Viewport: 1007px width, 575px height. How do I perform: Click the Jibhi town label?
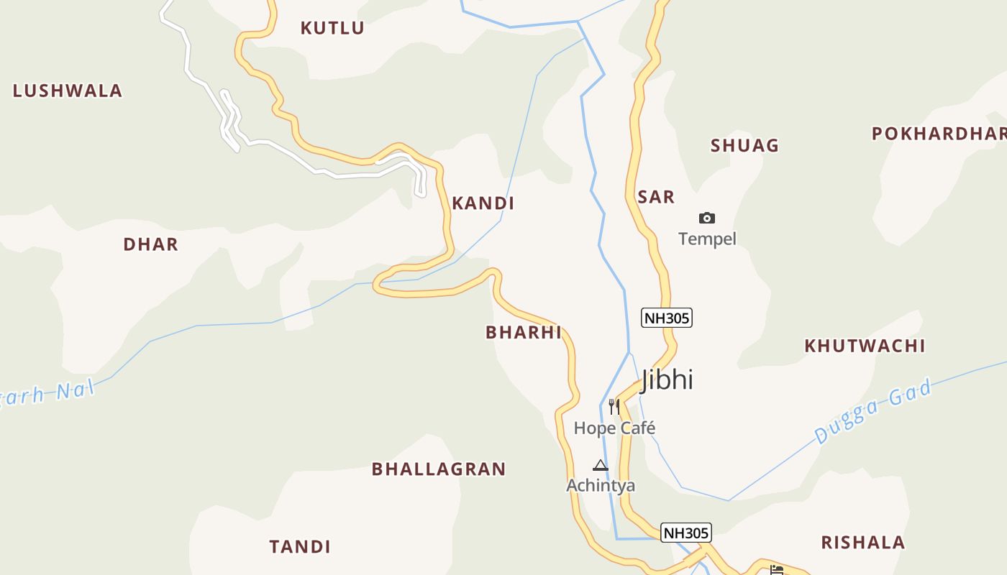click(x=667, y=379)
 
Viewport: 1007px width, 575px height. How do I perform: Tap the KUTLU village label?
click(x=332, y=28)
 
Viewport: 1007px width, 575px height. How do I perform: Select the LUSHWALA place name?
click(x=68, y=91)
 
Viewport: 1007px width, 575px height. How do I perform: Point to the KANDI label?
click(x=483, y=203)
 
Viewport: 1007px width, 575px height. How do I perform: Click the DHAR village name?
click(x=150, y=244)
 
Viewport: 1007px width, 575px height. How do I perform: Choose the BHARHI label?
click(x=523, y=332)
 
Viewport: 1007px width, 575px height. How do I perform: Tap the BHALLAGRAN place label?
click(x=439, y=469)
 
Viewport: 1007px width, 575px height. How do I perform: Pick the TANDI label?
click(x=300, y=547)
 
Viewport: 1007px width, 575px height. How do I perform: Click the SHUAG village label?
click(x=744, y=145)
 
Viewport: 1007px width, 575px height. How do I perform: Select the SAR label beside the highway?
click(x=656, y=197)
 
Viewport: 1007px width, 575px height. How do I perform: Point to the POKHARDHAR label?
click(x=939, y=134)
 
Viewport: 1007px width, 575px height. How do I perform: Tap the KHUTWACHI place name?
click(x=865, y=346)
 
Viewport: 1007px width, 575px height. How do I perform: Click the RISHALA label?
click(x=863, y=543)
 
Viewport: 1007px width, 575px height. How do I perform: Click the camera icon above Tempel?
click(x=707, y=218)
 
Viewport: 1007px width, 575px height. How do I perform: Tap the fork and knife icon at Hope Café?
click(x=614, y=407)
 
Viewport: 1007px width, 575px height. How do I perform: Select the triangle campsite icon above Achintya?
click(x=601, y=465)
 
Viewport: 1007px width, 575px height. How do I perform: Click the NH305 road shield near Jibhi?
click(x=667, y=318)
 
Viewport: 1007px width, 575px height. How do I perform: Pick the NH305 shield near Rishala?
click(x=686, y=533)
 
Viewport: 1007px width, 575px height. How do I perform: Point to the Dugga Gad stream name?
click(x=873, y=411)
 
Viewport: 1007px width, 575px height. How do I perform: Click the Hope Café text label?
click(x=615, y=428)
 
